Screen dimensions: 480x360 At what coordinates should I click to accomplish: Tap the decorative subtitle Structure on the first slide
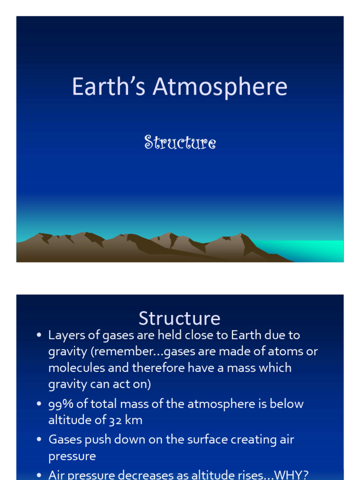coord(180,142)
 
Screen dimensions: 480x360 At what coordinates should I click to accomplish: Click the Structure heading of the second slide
coord(180,318)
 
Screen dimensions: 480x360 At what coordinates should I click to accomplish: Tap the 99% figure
coord(60,404)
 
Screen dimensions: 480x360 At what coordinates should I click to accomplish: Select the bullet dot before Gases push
coord(39,440)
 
